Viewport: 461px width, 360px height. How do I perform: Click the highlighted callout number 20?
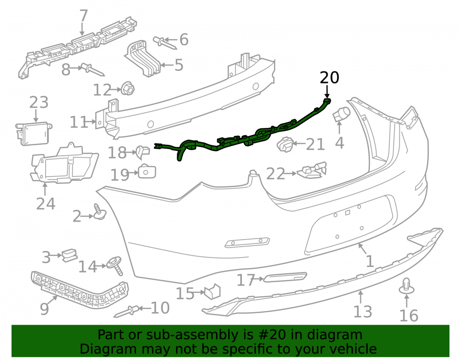329,77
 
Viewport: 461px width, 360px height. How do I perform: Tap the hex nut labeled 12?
128,88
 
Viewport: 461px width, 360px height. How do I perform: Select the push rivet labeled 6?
164,43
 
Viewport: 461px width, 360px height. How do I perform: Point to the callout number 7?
84,16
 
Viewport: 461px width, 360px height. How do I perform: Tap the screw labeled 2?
100,212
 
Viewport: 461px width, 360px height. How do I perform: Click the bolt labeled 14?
115,266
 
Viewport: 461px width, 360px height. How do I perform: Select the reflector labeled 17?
285,277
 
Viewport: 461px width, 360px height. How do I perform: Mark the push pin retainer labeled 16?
407,286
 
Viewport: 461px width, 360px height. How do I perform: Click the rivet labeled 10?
126,312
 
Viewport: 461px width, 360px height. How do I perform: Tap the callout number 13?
362,312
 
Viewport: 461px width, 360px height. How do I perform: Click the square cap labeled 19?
147,172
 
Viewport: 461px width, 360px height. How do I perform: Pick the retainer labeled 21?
285,145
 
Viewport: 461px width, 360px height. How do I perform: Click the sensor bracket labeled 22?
312,171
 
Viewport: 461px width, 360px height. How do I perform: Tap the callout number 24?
46,204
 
